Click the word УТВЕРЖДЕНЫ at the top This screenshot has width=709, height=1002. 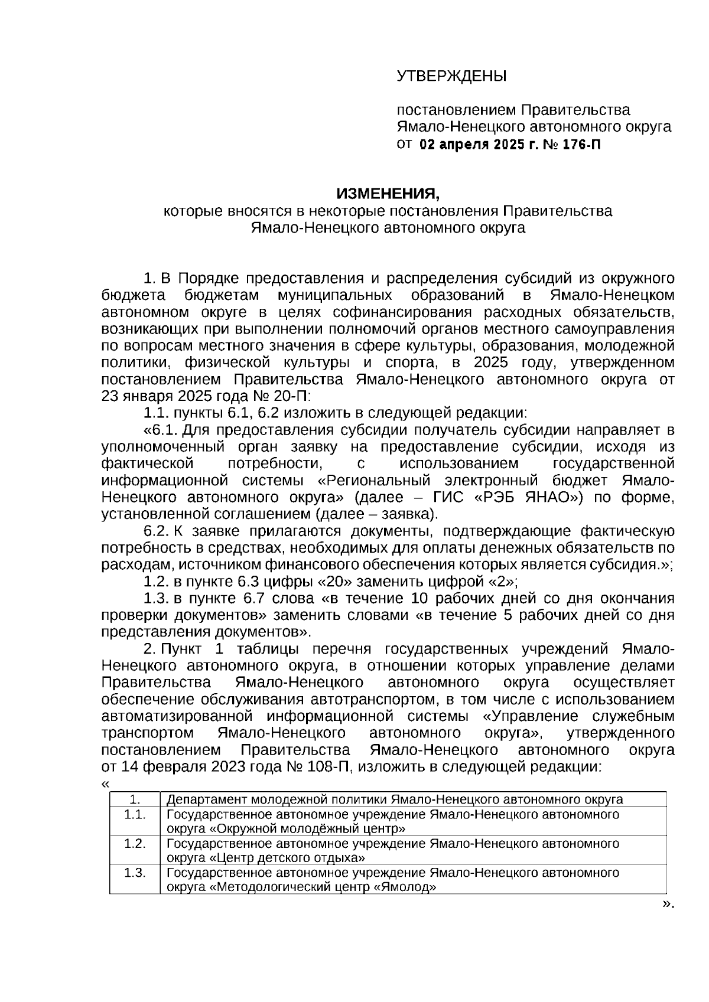451,76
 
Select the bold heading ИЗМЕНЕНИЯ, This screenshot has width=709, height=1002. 388,193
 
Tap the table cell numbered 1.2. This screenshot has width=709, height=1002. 135,843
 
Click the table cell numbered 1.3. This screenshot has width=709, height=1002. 135,872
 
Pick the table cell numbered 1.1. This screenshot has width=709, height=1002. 135,814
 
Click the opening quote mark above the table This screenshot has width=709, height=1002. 105,784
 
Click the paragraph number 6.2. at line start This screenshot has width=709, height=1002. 157,530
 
